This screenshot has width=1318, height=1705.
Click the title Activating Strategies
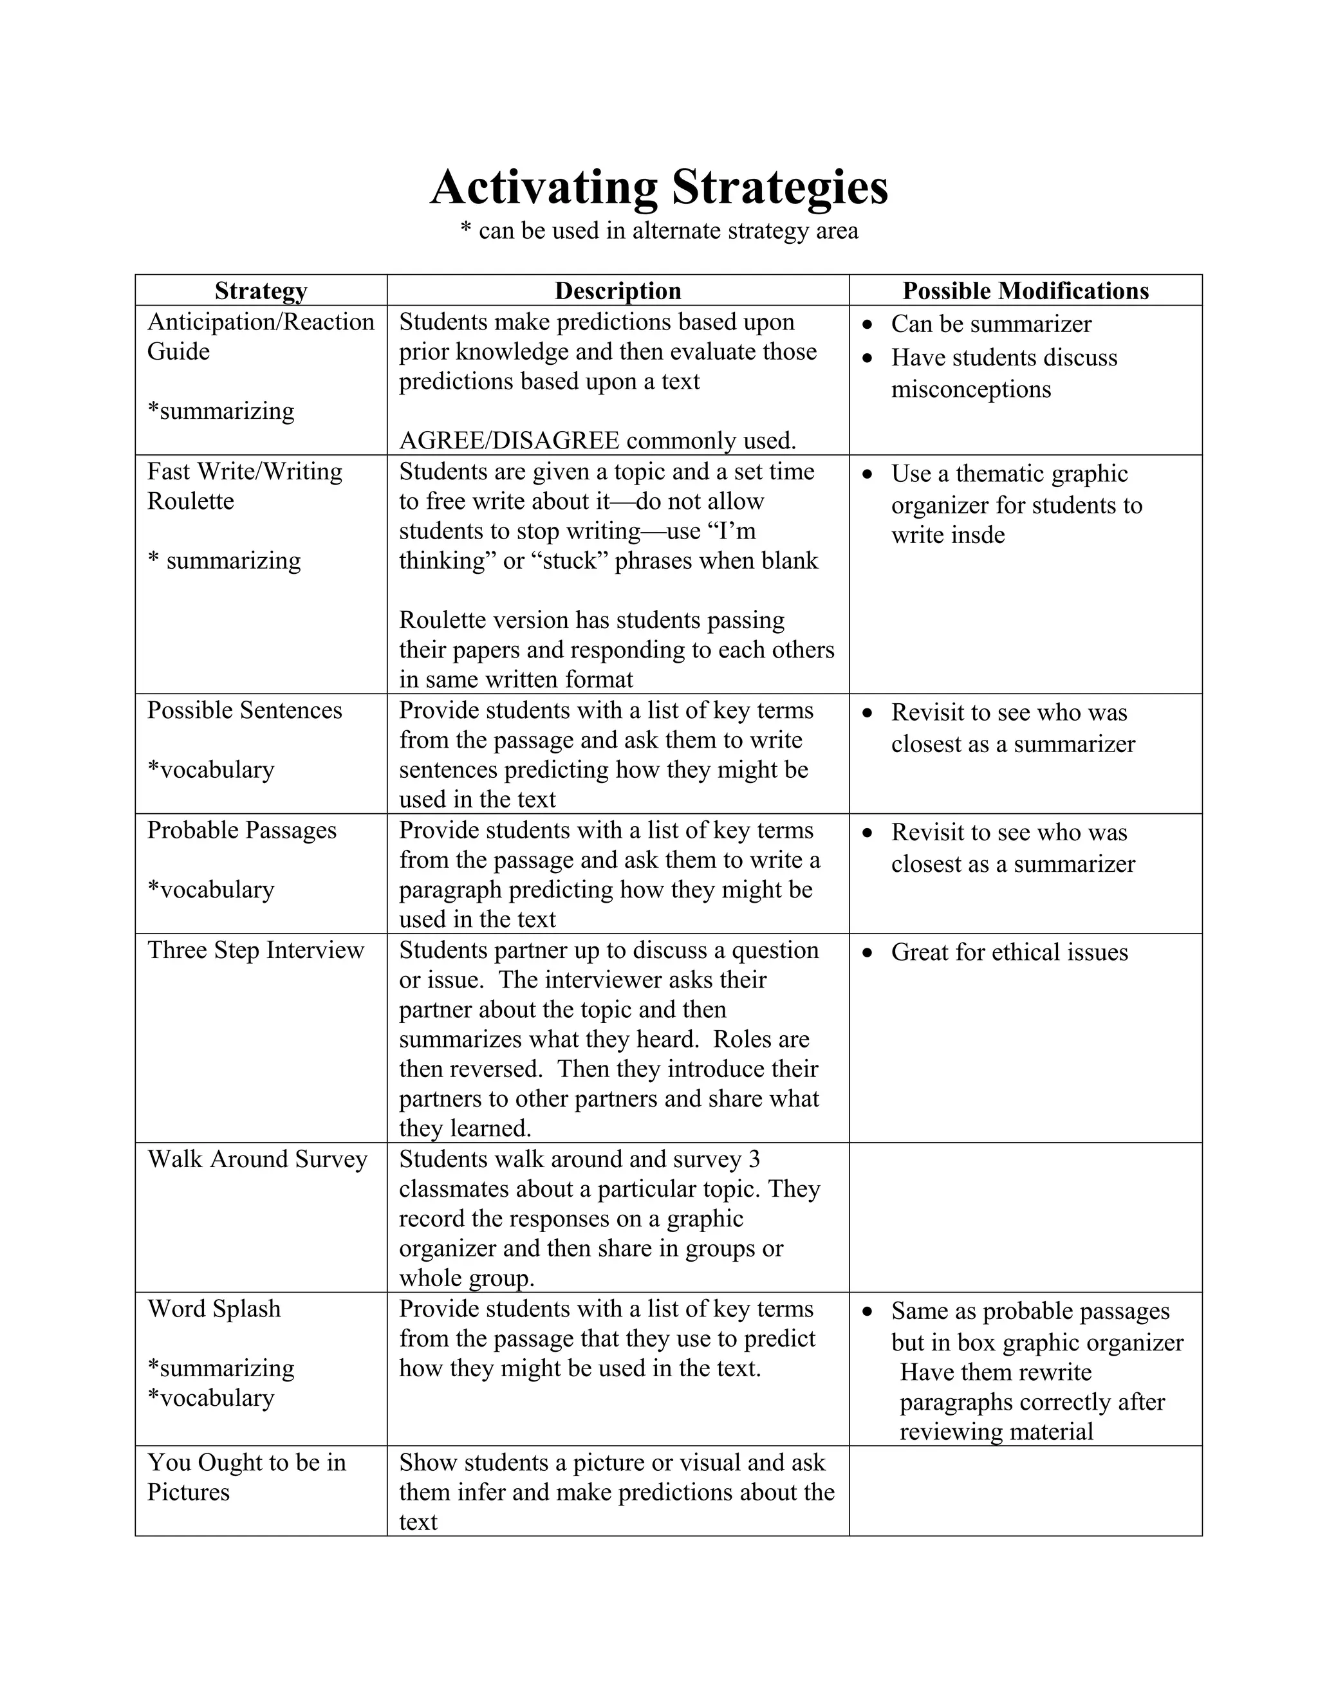pyautogui.click(x=658, y=187)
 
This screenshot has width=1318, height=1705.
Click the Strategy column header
pyautogui.click(x=261, y=291)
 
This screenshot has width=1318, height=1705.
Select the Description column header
pyautogui.click(x=618, y=291)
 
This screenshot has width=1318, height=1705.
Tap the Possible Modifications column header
pyautogui.click(x=1025, y=291)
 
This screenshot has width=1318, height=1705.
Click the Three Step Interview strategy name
pyautogui.click(x=255, y=950)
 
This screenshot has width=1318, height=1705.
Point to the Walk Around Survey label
pyautogui.click(x=257, y=1159)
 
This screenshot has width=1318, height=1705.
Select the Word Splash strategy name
pyautogui.click(x=214, y=1309)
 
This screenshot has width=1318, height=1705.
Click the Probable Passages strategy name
pyautogui.click(x=241, y=831)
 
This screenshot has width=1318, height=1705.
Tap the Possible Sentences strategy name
pyautogui.click(x=245, y=710)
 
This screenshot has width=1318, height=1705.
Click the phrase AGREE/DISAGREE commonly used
pyautogui.click(x=597, y=441)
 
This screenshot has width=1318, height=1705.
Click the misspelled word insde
pyautogui.click(x=981, y=535)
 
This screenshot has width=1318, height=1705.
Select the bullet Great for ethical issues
pyautogui.click(x=1009, y=952)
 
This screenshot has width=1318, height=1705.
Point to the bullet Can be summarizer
pyautogui.click(x=991, y=324)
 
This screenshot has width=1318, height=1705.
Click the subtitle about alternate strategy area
pyautogui.click(x=658, y=231)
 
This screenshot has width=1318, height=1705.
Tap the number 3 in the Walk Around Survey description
pyautogui.click(x=754, y=1159)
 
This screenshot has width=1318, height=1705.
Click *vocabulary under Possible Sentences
pyautogui.click(x=211, y=770)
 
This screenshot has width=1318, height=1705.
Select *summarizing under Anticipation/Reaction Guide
pyautogui.click(x=221, y=411)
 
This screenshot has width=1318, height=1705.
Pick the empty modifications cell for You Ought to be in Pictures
pyautogui.click(x=1025, y=1491)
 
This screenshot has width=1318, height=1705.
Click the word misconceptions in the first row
pyautogui.click(x=970, y=389)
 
